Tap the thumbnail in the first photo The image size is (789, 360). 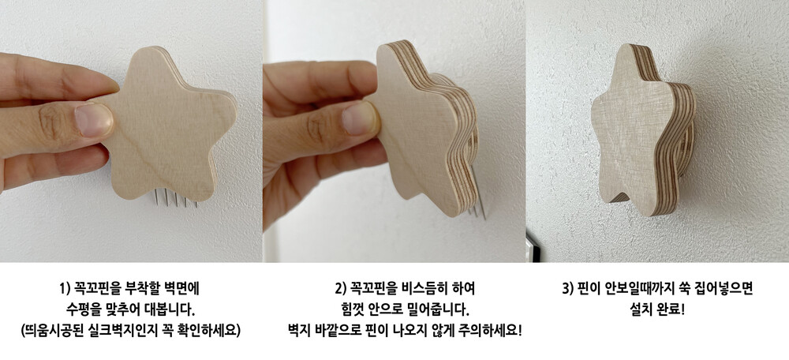click(94, 120)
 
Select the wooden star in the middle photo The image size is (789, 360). click(425, 129)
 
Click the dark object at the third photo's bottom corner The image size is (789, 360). click(530, 246)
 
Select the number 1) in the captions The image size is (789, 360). click(65, 290)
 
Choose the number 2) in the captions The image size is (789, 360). click(341, 289)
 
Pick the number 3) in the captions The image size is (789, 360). click(568, 289)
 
